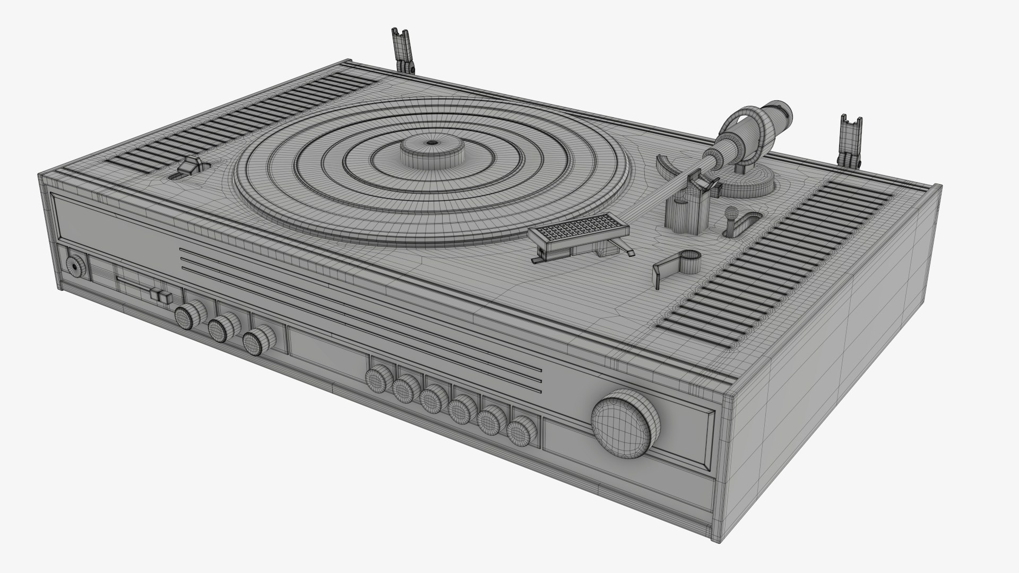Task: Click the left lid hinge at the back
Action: [x=402, y=50]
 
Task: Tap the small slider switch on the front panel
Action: [x=161, y=296]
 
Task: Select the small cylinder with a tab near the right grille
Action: [x=688, y=262]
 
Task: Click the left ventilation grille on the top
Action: [x=239, y=119]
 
